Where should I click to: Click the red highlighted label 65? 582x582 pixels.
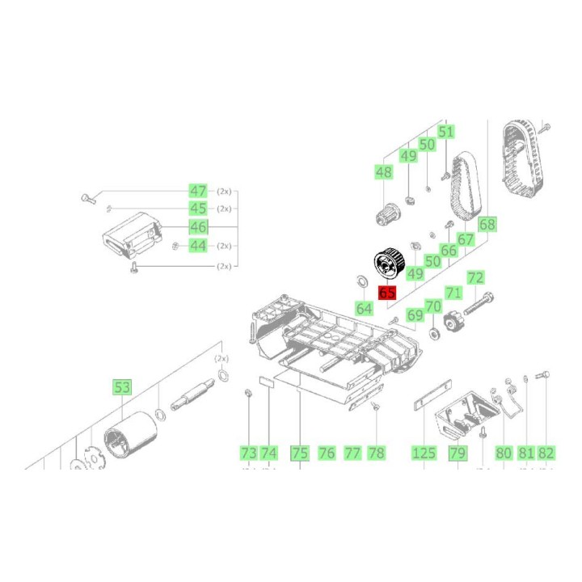point(387,293)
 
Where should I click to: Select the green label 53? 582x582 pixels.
point(122,388)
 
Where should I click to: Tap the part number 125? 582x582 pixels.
point(424,453)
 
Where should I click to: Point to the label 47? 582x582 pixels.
point(198,191)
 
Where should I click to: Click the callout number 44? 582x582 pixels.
point(198,245)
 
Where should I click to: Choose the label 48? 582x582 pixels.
point(383,172)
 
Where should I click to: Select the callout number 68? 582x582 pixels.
point(487,225)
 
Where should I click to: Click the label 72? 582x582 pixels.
point(475,278)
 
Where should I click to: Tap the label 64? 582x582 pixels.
point(365,308)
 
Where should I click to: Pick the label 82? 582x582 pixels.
point(546,453)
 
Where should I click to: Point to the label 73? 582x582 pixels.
point(248,453)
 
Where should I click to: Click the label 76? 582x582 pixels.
point(327,453)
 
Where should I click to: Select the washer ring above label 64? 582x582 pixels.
point(361,280)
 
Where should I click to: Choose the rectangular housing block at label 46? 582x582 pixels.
point(134,234)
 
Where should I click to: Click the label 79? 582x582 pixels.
point(458,453)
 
